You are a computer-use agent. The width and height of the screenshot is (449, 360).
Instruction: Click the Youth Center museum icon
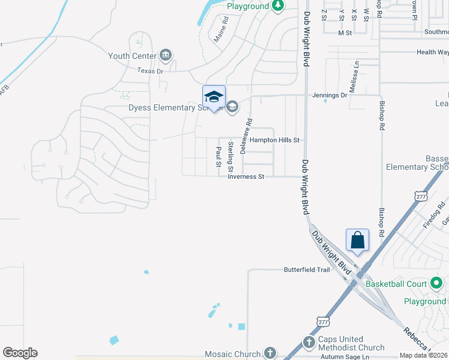click(x=166, y=56)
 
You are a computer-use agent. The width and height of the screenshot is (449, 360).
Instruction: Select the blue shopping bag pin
click(x=357, y=241)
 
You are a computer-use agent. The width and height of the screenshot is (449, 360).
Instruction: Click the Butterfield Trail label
click(x=307, y=270)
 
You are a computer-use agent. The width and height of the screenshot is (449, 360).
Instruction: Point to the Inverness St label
click(x=246, y=177)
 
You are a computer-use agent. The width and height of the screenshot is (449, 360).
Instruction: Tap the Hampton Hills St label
click(x=274, y=140)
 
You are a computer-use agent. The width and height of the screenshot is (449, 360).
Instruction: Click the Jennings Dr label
click(x=330, y=95)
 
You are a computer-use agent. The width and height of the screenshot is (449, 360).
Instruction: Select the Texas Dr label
click(x=150, y=71)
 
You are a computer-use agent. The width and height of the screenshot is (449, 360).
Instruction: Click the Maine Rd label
click(x=221, y=29)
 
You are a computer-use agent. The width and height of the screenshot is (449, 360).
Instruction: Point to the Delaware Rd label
click(x=246, y=136)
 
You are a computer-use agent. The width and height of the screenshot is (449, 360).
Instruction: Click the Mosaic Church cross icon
click(x=270, y=353)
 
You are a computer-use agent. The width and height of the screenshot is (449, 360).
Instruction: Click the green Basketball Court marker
click(x=436, y=283)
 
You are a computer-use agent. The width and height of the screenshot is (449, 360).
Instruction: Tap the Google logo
click(x=20, y=353)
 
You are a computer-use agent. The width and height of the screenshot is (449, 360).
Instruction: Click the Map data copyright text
click(x=423, y=355)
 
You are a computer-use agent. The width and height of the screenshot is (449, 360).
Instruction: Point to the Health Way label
click(x=433, y=52)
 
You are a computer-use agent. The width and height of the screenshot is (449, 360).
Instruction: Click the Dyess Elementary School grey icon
click(x=232, y=107)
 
